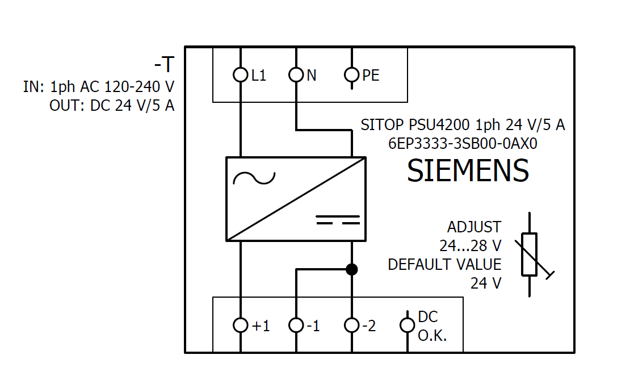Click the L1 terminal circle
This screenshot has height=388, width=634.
241,74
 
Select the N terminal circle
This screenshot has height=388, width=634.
296,74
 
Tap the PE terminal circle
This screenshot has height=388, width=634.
352,74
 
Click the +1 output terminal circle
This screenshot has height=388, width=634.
241,325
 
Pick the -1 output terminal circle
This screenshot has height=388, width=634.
296,325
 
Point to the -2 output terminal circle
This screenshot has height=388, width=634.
352,325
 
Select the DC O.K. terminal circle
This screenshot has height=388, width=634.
407,325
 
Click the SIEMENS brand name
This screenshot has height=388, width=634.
468,170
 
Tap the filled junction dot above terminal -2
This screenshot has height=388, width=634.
352,269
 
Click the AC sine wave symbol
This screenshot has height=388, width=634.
254,178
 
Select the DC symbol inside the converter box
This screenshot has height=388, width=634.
338,220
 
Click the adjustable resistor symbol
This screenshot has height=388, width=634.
530,255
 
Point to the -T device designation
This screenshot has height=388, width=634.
163,65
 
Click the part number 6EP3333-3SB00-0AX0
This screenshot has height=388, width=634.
463,144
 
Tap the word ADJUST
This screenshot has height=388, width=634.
474,227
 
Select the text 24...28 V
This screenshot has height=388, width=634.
470,246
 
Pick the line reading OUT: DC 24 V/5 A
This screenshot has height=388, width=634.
112,106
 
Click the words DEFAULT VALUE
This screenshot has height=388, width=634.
444,265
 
